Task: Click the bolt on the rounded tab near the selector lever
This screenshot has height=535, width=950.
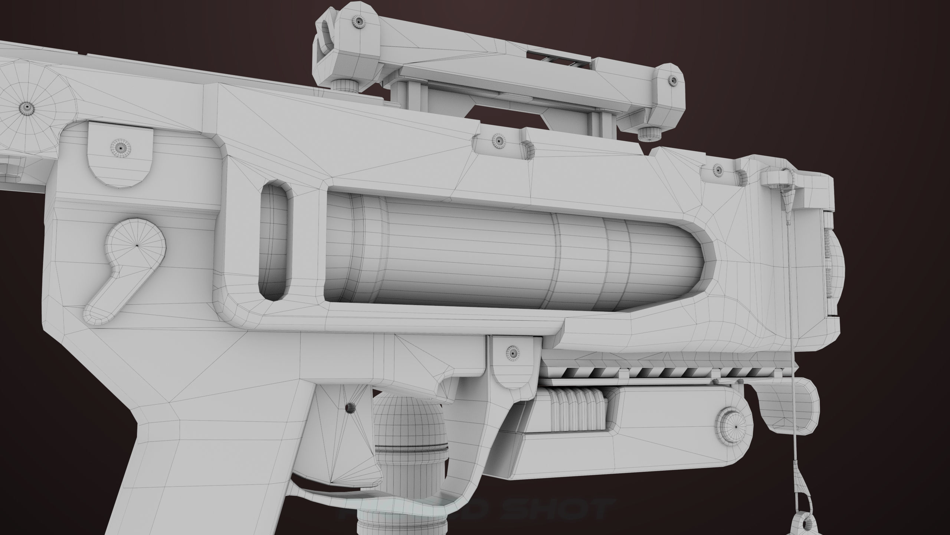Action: pyautogui.click(x=121, y=147)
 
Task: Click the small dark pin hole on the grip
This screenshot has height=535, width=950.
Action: pyautogui.click(x=349, y=408)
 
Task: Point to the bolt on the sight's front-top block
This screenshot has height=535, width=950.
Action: pyautogui.click(x=359, y=22)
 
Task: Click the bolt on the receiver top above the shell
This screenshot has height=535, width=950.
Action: pyautogui.click(x=498, y=140)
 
